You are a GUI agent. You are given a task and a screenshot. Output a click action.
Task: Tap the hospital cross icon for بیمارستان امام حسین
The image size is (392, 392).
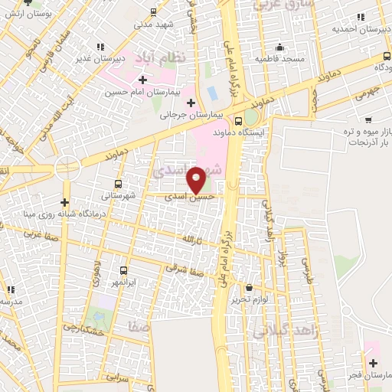click(142, 80)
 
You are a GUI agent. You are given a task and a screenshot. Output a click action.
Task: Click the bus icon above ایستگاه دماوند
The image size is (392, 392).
click(238, 120)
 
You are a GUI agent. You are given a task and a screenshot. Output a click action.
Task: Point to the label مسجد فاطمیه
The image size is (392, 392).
click(279, 59)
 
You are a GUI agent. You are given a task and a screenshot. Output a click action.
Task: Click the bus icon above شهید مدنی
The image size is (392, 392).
click(154, 11)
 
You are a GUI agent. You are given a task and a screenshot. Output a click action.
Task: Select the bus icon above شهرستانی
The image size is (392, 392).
click(117, 184)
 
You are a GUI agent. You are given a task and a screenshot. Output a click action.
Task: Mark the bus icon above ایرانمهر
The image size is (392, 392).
click(124, 270)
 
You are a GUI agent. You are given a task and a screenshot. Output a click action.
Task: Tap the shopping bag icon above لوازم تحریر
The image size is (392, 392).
click(250, 288)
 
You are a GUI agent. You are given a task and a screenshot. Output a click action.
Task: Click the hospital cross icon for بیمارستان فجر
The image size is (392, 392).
click(373, 363)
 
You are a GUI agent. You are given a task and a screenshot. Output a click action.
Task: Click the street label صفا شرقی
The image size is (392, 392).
click(181, 267)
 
